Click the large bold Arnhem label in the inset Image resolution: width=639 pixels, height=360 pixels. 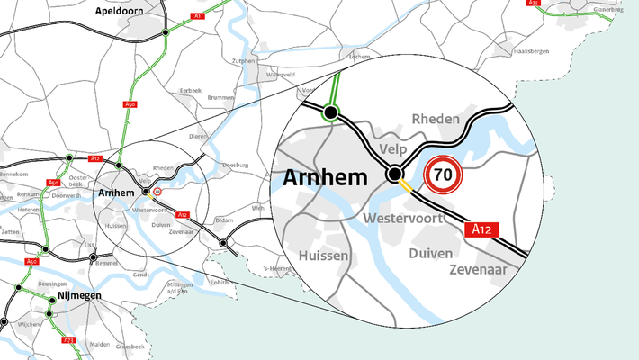(325, 177)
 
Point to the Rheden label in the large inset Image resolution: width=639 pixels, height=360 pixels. (436, 119)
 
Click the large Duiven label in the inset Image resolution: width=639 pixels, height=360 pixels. (430, 253)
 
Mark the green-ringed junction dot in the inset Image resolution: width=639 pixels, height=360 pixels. (330, 112)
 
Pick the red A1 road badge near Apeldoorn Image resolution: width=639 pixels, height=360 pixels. (196, 16)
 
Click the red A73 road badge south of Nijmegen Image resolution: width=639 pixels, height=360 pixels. (68, 340)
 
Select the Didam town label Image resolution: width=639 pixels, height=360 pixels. (224, 220)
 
